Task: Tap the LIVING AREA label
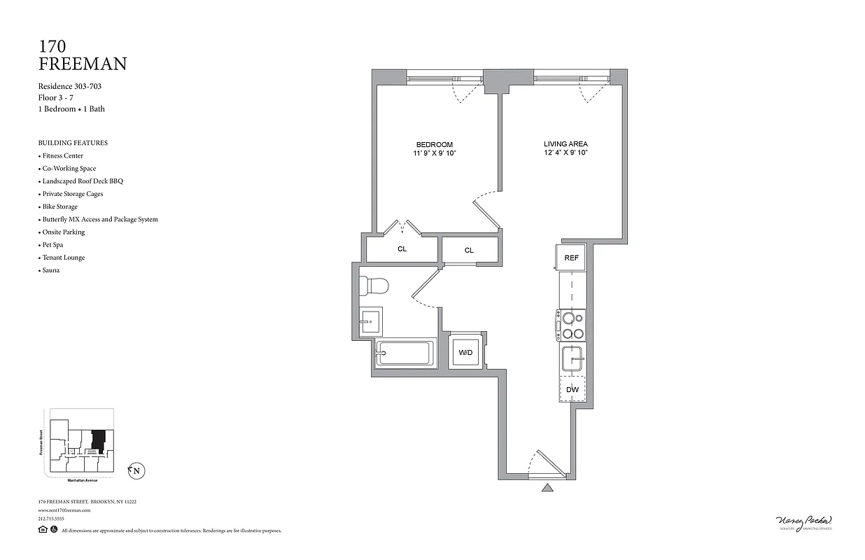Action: click(565, 144)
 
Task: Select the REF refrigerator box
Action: click(571, 258)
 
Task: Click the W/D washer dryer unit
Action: click(465, 353)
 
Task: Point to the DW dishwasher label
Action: click(572, 389)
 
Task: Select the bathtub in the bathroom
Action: click(405, 353)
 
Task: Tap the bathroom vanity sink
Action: click(370, 322)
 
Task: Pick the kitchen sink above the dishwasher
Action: click(572, 360)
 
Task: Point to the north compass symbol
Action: click(136, 471)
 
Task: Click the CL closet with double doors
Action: click(402, 248)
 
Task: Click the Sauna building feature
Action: click(50, 270)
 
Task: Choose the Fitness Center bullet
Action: click(62, 155)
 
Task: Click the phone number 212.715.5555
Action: click(51, 519)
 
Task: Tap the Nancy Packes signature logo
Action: click(804, 521)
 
